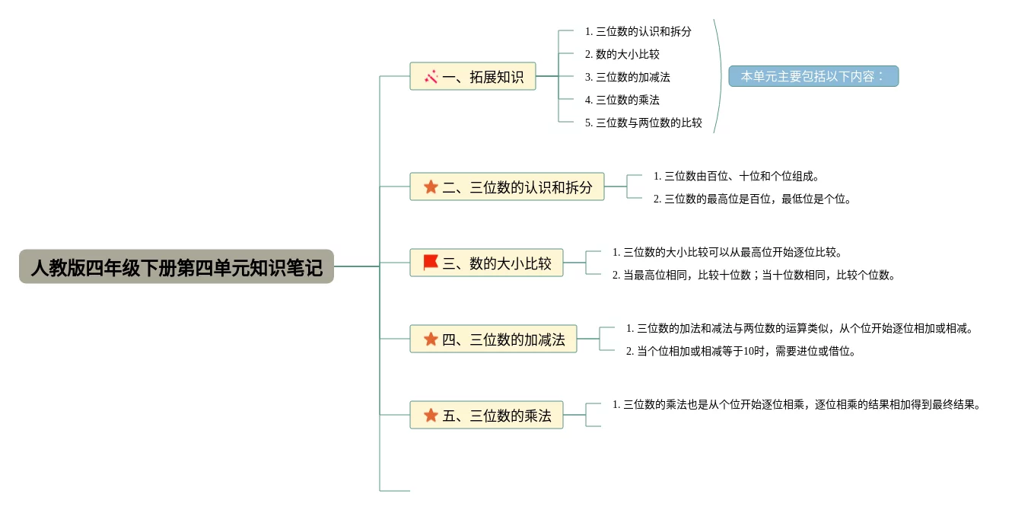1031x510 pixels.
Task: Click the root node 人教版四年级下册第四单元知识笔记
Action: [177, 267]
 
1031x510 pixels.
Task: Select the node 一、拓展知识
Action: [473, 77]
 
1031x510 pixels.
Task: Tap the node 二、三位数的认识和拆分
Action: [507, 187]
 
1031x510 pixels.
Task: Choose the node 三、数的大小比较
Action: [486, 263]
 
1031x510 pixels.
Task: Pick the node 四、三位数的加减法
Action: [493, 339]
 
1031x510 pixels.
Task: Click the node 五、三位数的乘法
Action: [486, 416]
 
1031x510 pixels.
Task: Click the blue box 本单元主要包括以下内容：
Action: [813, 76]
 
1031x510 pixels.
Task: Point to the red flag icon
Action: [431, 263]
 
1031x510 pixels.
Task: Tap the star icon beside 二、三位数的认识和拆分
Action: [431, 186]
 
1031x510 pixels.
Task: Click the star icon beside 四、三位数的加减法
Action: [431, 339]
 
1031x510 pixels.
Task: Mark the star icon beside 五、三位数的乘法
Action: [431, 415]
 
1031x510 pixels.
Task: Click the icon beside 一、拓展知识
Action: [431, 76]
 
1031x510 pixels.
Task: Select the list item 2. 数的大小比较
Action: [622, 54]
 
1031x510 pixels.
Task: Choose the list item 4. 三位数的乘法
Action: [622, 100]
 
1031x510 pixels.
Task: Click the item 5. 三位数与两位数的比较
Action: [643, 123]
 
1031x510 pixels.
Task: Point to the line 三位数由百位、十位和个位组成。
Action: [737, 176]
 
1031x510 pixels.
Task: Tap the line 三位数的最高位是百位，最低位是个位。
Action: [752, 199]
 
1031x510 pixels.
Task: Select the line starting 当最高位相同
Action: [754, 275]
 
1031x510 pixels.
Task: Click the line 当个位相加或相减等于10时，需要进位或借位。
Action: [741, 351]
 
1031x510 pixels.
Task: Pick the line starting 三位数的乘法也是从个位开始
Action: [797, 404]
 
